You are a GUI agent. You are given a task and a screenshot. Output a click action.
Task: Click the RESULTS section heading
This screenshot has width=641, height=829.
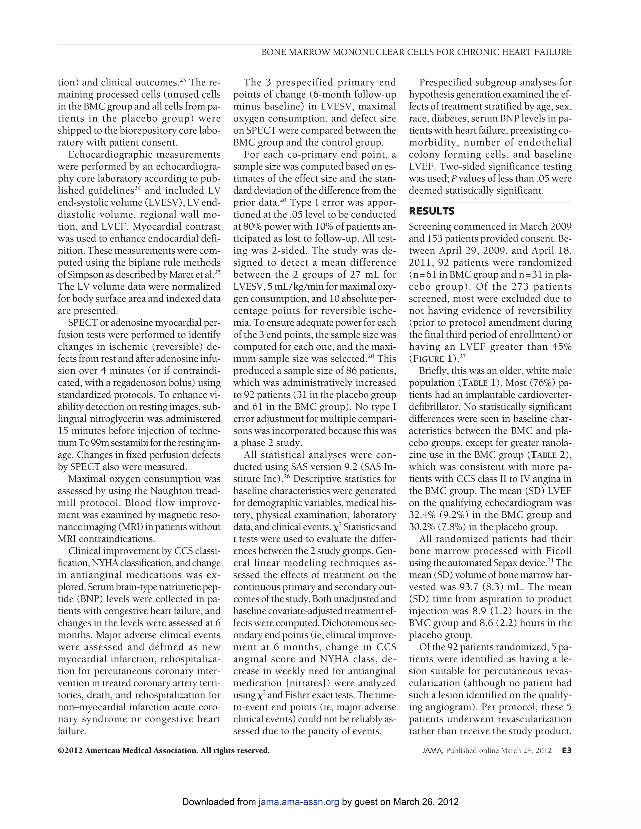tap(431, 211)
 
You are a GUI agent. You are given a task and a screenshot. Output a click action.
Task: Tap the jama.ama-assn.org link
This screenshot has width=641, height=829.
tap(299, 802)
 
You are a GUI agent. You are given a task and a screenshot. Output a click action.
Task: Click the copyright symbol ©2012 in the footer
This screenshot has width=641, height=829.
tap(71, 750)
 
